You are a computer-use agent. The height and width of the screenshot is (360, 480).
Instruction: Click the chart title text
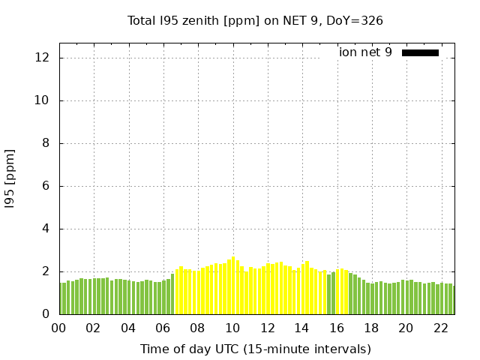(255, 20)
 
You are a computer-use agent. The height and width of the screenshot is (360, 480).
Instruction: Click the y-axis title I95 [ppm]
(10, 178)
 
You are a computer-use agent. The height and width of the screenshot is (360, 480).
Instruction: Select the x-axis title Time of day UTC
(255, 349)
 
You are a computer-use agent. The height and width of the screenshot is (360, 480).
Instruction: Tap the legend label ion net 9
(365, 52)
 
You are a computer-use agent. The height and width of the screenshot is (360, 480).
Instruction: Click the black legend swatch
(420, 52)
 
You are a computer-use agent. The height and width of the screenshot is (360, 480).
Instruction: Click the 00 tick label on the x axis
(59, 328)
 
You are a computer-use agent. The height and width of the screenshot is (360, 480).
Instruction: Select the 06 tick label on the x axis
(163, 328)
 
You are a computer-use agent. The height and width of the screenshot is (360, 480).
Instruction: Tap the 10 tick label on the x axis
(232, 328)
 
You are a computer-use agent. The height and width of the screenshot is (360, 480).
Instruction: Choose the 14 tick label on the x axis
(301, 328)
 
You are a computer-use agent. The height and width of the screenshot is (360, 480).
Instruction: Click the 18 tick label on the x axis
(371, 328)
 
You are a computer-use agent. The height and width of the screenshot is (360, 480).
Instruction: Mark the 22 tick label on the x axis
(440, 328)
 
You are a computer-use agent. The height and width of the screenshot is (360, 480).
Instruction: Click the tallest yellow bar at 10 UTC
(234, 285)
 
